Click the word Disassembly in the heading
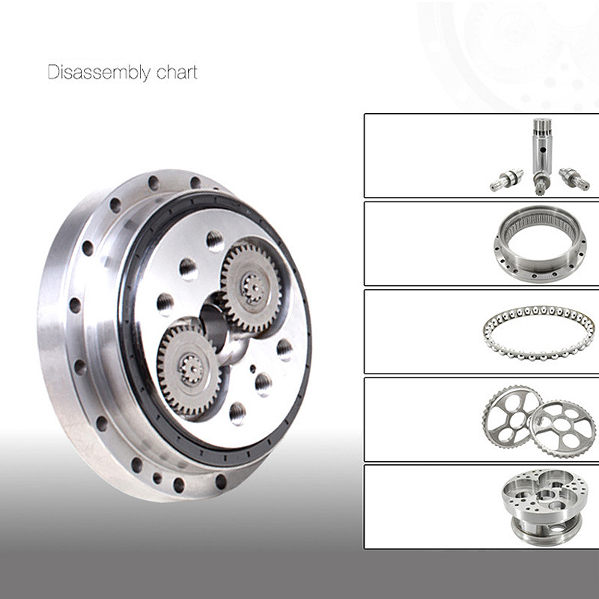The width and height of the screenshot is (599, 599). pyautogui.click(x=99, y=73)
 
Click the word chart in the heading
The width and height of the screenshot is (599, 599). pyautogui.click(x=177, y=72)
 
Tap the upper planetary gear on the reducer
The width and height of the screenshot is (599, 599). pyautogui.click(x=252, y=287)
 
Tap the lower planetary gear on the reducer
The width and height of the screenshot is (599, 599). pyautogui.click(x=189, y=370)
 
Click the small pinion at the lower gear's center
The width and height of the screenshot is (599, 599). pyautogui.click(x=191, y=369)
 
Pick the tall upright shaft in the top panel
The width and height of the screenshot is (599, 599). pyautogui.click(x=542, y=156)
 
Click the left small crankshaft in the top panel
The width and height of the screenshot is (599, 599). pyautogui.click(x=507, y=180)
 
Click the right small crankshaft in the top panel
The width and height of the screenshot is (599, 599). pyautogui.click(x=574, y=178)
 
